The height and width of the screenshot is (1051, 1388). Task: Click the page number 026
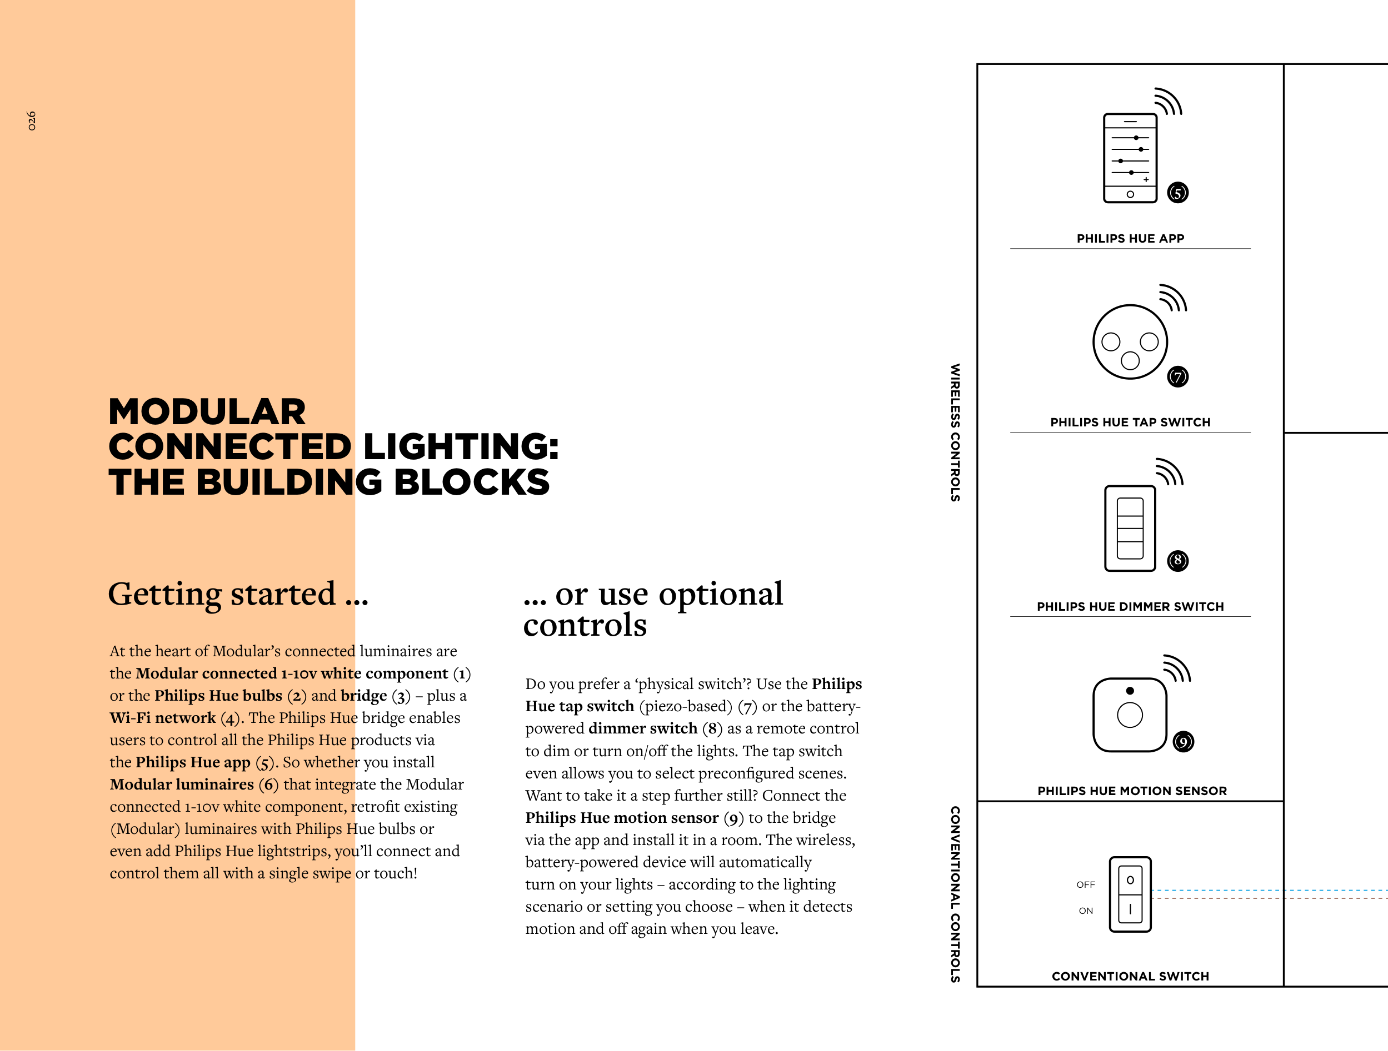[x=31, y=120]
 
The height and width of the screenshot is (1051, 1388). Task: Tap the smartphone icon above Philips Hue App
[x=1130, y=158]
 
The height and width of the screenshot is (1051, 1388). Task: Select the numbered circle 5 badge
[x=1178, y=193]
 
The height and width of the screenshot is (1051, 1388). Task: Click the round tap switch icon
[x=1130, y=342]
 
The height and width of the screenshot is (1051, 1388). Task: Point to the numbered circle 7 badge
[x=1178, y=376]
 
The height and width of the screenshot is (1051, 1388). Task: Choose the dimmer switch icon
[x=1130, y=528]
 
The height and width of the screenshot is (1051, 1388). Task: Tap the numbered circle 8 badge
[x=1178, y=560]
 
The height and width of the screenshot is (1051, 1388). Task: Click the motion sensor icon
[x=1130, y=714]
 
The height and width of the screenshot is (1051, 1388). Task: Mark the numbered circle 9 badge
[x=1184, y=742]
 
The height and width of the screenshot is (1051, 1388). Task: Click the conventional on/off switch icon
[x=1130, y=894]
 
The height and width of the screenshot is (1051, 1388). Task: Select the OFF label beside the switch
[x=1086, y=884]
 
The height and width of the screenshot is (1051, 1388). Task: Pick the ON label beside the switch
[x=1086, y=911]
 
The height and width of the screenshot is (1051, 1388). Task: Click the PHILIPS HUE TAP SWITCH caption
[x=1130, y=422]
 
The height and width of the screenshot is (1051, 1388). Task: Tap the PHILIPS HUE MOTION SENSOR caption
[x=1132, y=791]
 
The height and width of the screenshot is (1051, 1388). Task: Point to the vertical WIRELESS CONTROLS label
[x=955, y=433]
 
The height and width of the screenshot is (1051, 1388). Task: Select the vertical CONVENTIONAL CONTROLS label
[x=955, y=894]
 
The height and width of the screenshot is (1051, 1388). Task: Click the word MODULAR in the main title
[x=207, y=412]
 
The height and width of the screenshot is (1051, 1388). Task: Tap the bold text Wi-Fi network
[x=162, y=717]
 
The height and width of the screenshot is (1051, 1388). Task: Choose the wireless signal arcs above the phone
[x=1169, y=102]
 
